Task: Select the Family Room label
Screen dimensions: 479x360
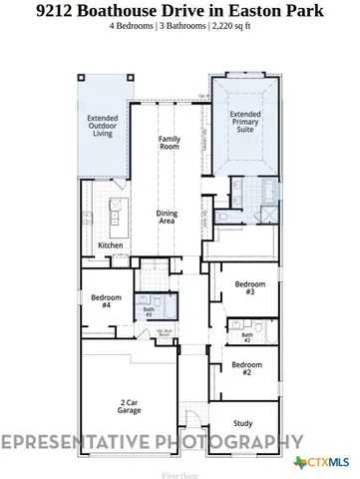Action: click(170, 143)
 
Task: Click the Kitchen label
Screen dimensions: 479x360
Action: click(111, 245)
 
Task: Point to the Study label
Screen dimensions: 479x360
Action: click(243, 424)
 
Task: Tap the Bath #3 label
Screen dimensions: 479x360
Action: click(148, 311)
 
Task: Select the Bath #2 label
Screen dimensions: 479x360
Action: click(245, 337)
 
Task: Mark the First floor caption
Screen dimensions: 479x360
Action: click(180, 475)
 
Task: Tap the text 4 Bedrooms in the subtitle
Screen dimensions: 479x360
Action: click(133, 27)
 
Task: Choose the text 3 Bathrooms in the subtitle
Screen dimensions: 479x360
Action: click(182, 27)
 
